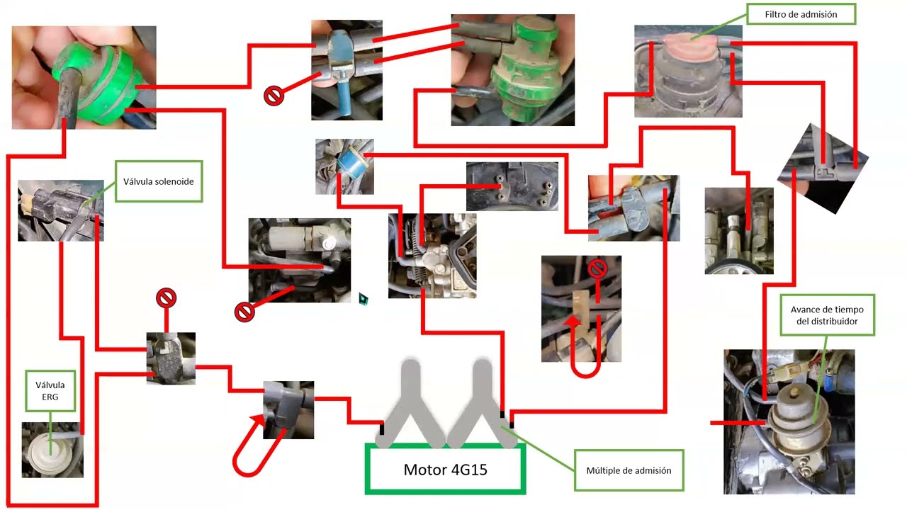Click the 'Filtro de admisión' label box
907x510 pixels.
(801, 14)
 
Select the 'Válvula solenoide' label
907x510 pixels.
(159, 181)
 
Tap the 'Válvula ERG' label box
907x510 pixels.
(50, 390)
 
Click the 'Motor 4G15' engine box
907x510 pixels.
(446, 469)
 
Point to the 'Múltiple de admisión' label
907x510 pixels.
(629, 470)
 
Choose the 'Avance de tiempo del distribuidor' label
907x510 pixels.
(827, 315)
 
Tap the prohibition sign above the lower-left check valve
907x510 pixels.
(166, 298)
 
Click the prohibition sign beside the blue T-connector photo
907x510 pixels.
(274, 96)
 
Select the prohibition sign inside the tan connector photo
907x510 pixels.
(597, 268)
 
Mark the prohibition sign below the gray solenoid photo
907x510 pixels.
(244, 312)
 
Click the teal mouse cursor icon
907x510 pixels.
(364, 299)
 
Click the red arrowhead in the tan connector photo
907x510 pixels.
(573, 322)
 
